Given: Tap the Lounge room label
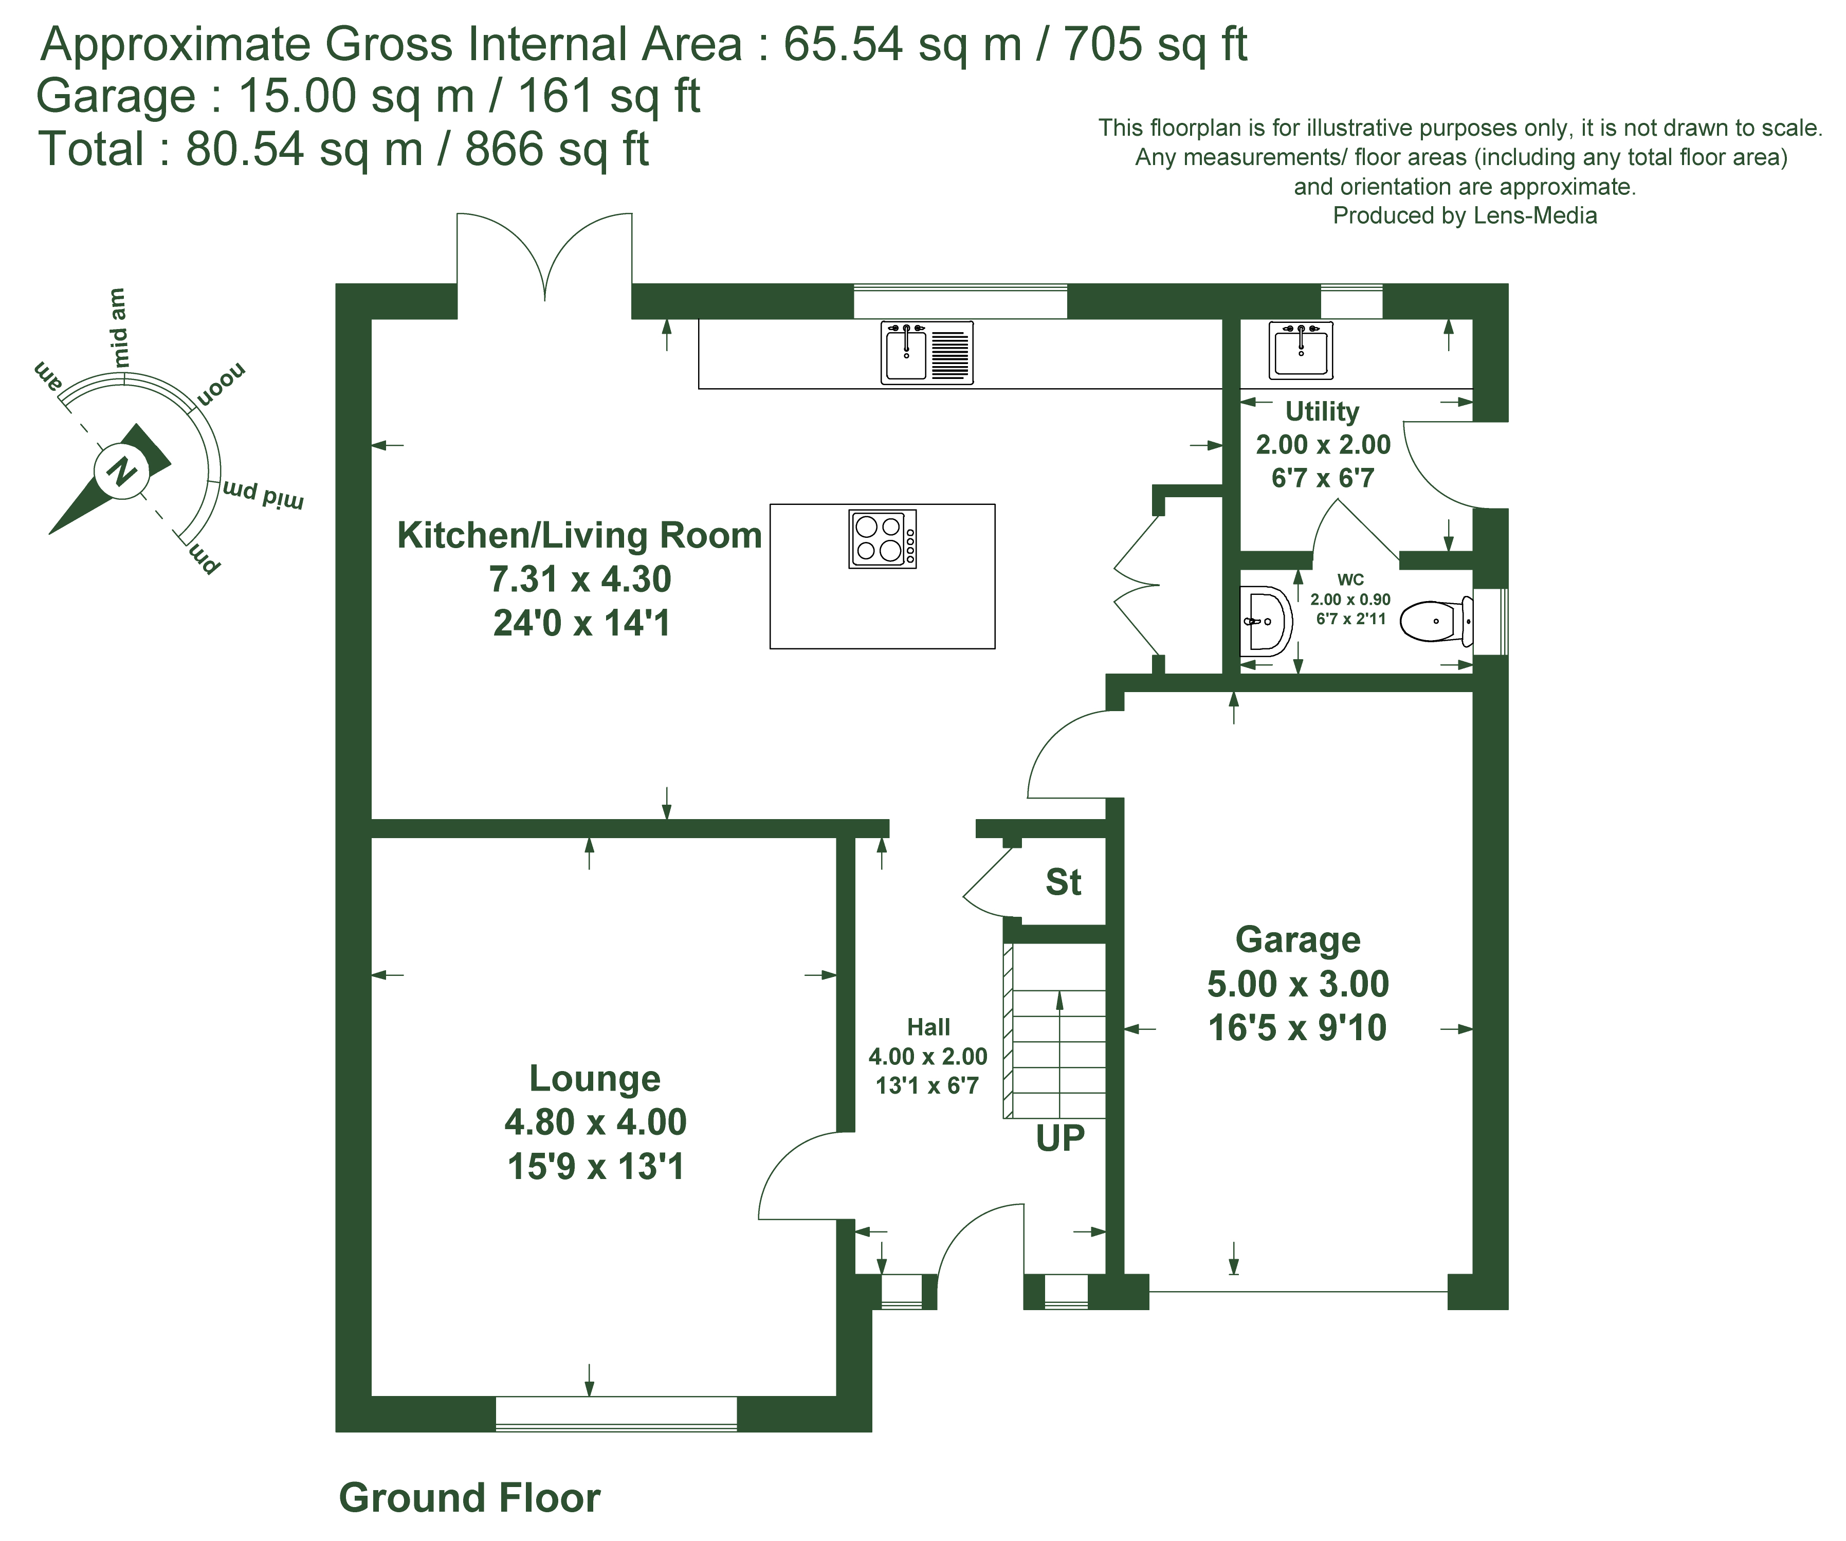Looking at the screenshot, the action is point(595,1079).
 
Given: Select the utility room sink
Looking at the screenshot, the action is point(1301,349).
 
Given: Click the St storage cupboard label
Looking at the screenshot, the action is point(1063,882).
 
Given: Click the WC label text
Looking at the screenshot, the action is point(1350,579).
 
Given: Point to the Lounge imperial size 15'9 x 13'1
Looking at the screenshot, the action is point(595,1167).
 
